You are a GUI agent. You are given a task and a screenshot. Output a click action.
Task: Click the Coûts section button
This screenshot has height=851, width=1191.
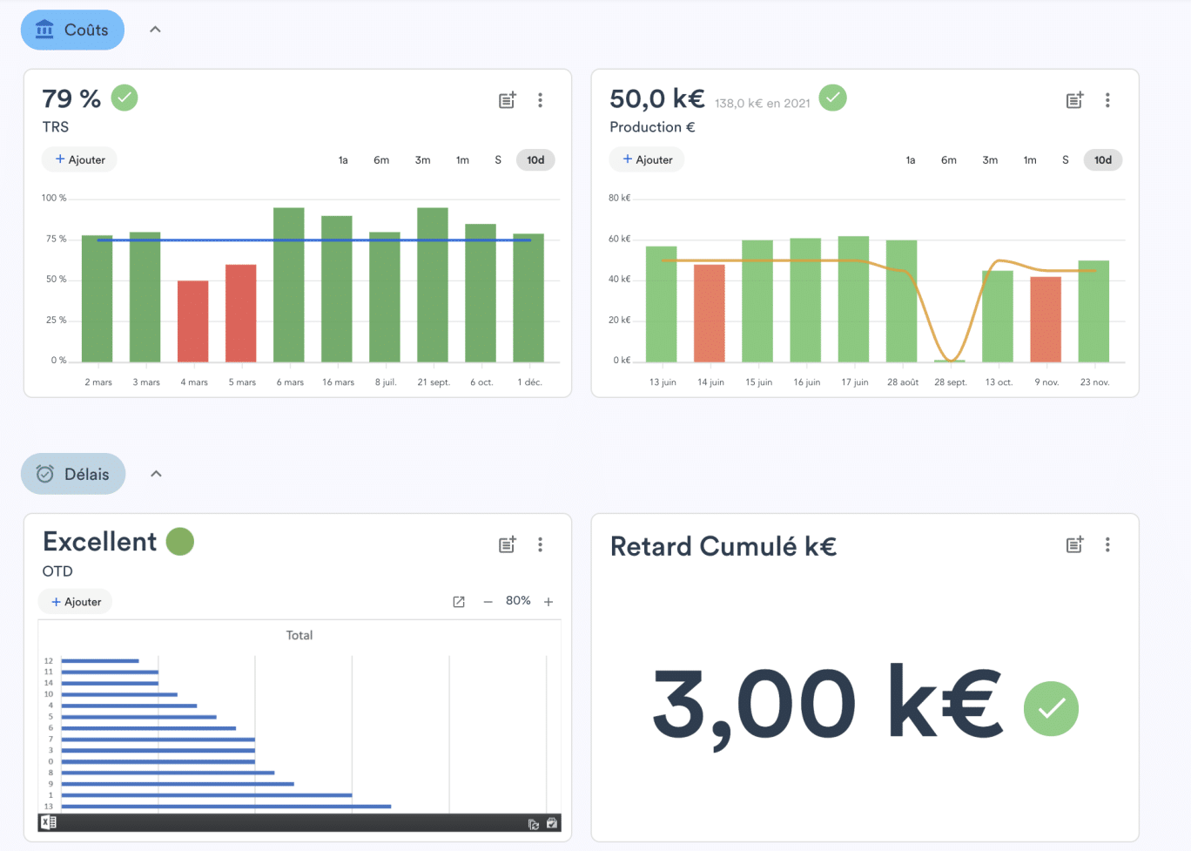pyautogui.click(x=73, y=30)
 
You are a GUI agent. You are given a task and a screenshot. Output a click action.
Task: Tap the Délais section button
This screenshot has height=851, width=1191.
pyautogui.click(x=73, y=474)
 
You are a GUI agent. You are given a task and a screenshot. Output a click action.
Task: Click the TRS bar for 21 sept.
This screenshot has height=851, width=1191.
pyautogui.click(x=433, y=285)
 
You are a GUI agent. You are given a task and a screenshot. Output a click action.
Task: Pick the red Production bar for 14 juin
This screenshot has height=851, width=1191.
pyautogui.click(x=710, y=313)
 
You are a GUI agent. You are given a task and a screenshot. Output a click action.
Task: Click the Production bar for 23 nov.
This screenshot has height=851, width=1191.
pyautogui.click(x=1093, y=311)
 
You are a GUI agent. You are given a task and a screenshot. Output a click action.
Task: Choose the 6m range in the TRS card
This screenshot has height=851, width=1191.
pyautogui.click(x=381, y=160)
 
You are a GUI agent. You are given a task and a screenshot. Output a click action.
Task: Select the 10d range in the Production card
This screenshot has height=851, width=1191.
pyautogui.click(x=1103, y=160)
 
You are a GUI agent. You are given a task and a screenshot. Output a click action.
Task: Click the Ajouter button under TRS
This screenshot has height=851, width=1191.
pyautogui.click(x=80, y=160)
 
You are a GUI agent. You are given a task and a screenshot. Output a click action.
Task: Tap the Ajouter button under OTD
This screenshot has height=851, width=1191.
pyautogui.click(x=76, y=602)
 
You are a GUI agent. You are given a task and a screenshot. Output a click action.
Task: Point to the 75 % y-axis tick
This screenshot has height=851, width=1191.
pyautogui.click(x=56, y=239)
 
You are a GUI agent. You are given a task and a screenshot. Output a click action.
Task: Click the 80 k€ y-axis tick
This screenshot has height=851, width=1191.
pyautogui.click(x=619, y=198)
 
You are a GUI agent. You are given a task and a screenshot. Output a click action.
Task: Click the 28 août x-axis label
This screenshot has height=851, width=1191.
pyautogui.click(x=903, y=382)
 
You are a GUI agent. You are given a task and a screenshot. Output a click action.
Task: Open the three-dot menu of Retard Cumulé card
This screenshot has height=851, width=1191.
pyautogui.click(x=1107, y=544)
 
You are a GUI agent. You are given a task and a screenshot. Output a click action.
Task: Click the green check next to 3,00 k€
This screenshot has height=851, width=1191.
pyautogui.click(x=1051, y=708)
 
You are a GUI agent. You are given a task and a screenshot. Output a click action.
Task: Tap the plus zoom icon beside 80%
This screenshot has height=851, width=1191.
pyautogui.click(x=548, y=602)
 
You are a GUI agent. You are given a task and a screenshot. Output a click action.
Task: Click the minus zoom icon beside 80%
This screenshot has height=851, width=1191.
pyautogui.click(x=488, y=602)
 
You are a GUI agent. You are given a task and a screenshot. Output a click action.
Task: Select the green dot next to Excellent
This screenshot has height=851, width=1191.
pyautogui.click(x=180, y=542)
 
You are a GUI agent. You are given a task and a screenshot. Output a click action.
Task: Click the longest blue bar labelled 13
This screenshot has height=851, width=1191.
pyautogui.click(x=226, y=807)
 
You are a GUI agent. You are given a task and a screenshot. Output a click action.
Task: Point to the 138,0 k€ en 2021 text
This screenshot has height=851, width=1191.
pyautogui.click(x=763, y=104)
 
